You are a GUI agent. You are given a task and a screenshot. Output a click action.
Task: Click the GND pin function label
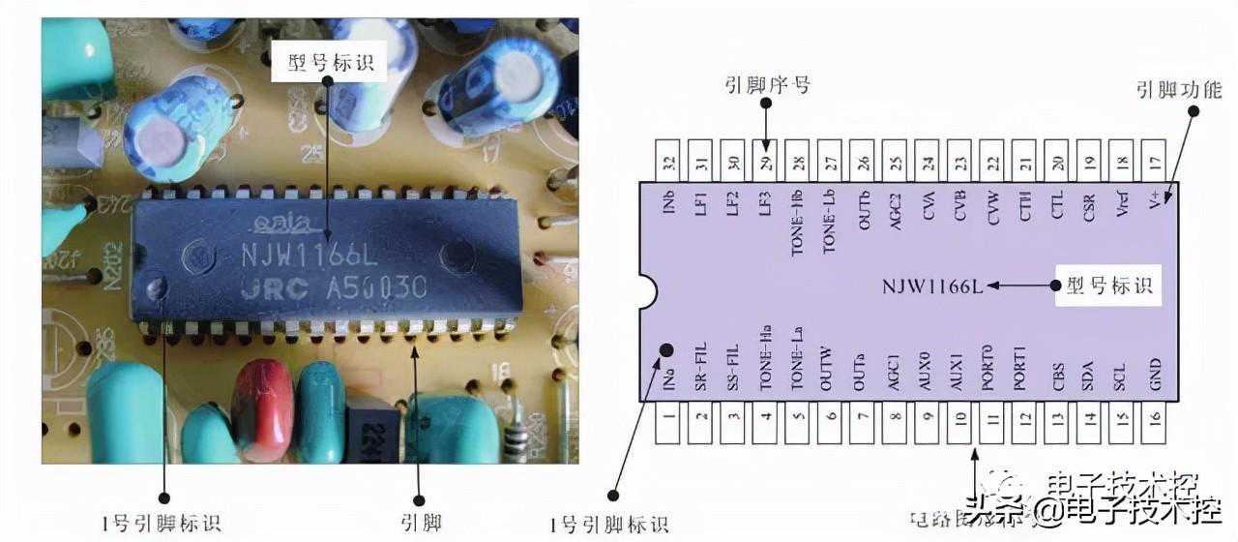(x=1155, y=376)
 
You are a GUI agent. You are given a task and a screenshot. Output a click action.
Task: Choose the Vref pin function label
(x=1122, y=205)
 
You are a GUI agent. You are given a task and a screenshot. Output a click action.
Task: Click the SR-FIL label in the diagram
(x=702, y=368)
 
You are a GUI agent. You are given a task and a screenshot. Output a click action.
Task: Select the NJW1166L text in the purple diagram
(x=932, y=286)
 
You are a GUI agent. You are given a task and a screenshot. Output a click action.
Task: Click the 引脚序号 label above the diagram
(x=766, y=85)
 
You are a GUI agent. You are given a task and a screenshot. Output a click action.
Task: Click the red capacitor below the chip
(x=262, y=406)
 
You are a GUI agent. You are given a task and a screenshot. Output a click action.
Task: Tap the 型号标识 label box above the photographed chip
(x=330, y=64)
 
